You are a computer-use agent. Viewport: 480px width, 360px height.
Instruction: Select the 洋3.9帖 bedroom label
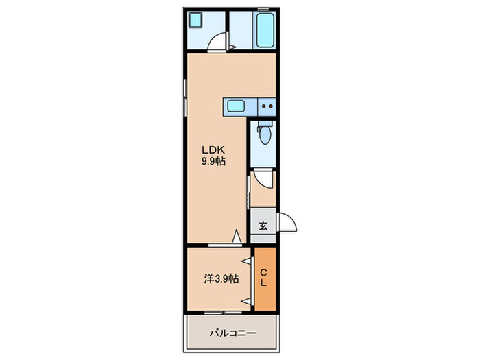[221, 278]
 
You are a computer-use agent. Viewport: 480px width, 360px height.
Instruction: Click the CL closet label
[264, 278]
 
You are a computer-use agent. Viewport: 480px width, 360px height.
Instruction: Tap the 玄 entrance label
[263, 226]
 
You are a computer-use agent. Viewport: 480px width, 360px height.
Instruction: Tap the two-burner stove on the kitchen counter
[267, 106]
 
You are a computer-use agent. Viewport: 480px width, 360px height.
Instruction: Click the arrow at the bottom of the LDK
[237, 237]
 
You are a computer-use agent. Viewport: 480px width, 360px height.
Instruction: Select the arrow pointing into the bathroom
[233, 47]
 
